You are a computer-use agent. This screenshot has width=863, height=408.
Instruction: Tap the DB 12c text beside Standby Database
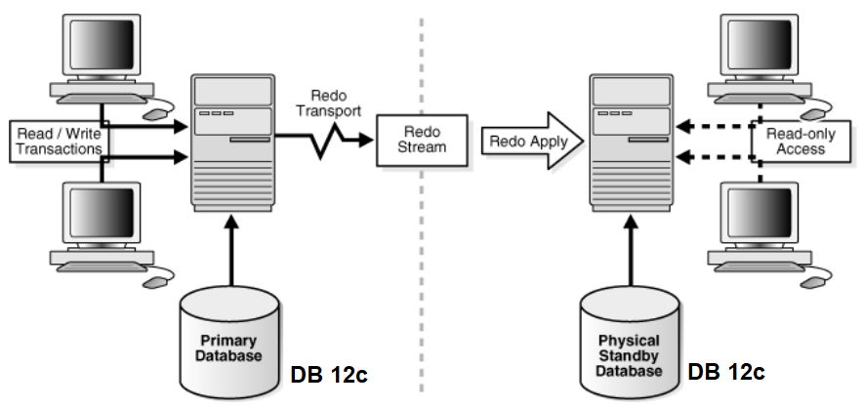[726, 372]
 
